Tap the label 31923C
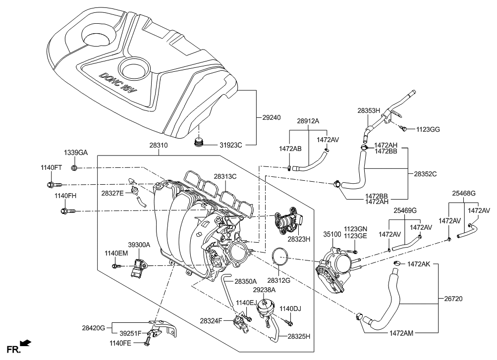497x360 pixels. pos(230,145)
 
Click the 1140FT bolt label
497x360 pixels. pos(51,168)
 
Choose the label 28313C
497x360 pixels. pos(225,176)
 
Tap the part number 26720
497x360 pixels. pos(453,299)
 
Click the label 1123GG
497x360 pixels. pos(428,129)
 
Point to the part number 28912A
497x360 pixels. pos(308,121)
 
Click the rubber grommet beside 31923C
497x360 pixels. pos(199,143)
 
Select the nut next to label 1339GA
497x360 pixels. pos(74,168)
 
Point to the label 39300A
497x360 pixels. pos(139,245)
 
